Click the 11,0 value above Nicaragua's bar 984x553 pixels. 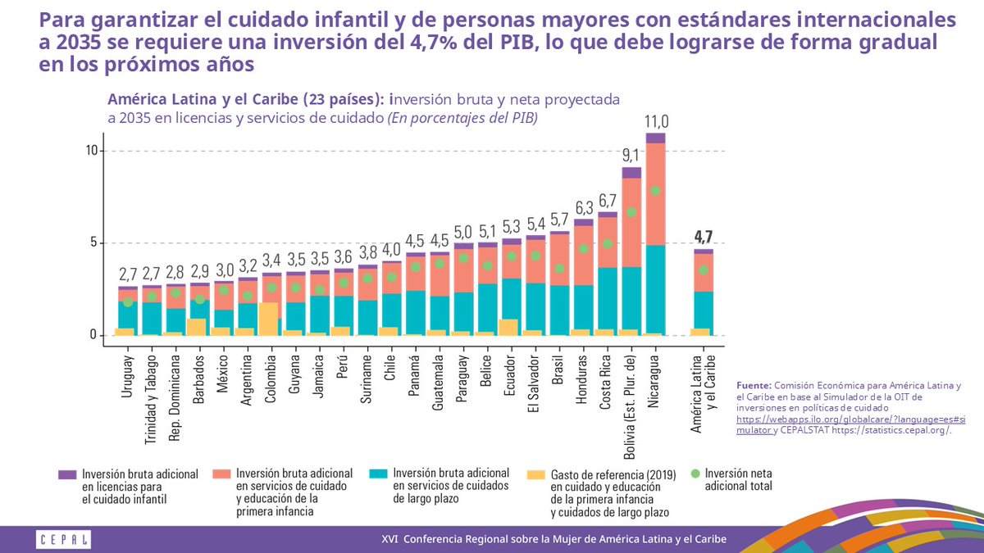655,120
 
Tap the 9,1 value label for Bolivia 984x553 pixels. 631,153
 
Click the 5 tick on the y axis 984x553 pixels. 94,243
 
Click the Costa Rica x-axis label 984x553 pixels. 608,381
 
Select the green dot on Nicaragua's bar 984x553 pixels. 655,191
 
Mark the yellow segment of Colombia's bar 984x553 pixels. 268,319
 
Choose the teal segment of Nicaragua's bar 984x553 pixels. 655,287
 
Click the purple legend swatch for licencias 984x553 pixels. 67,474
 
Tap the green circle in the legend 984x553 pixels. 695,474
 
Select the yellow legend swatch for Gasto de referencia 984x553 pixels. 535,474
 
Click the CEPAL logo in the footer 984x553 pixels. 63,539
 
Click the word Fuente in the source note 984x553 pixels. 753,384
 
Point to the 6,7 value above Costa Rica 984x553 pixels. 608,200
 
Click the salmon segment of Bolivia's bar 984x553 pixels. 631,222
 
